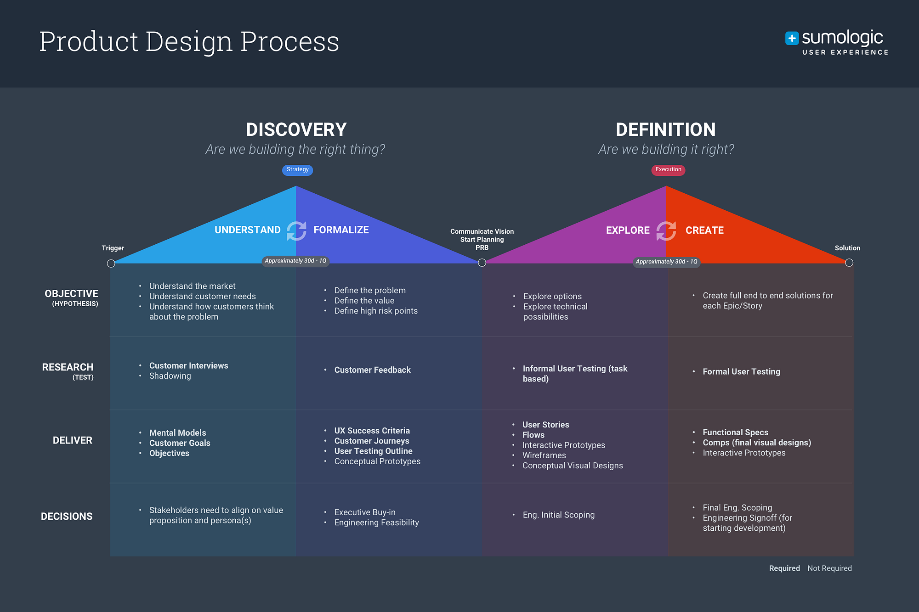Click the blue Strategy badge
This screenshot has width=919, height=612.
[x=297, y=170]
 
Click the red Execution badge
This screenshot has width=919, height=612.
[x=668, y=170]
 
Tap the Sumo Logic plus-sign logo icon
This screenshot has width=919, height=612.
[x=792, y=38]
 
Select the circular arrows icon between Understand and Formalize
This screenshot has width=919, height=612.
[x=296, y=230]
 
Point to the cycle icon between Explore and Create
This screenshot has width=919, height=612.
[x=666, y=230]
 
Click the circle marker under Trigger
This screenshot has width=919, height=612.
[x=111, y=264]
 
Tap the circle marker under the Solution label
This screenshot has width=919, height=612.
[x=849, y=263]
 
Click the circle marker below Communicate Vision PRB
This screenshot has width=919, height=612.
[x=482, y=263]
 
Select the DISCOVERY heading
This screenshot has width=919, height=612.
[x=296, y=129]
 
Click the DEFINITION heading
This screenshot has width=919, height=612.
[x=665, y=129]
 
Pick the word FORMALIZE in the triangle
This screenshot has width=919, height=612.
[x=341, y=230]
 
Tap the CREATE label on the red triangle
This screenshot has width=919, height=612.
[x=704, y=230]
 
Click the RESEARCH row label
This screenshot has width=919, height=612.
[x=68, y=367]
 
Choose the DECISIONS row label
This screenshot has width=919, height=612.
[x=67, y=517]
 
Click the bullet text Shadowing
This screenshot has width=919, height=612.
[x=170, y=376]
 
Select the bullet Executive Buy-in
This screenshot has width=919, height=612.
[x=365, y=512]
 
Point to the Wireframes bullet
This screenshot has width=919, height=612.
[x=544, y=455]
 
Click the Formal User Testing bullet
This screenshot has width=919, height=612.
[x=741, y=372]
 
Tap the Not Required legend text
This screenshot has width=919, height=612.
[x=829, y=568]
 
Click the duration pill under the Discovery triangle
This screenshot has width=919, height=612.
[x=295, y=261]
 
